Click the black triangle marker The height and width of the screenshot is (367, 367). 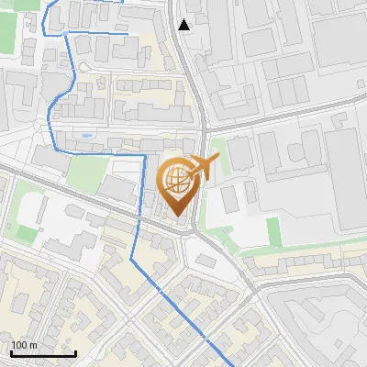(184, 25)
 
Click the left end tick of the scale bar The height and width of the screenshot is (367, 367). (11, 352)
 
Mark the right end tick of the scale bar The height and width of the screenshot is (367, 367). (75, 352)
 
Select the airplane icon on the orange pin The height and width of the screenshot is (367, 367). (206, 167)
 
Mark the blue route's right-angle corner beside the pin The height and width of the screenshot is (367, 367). (144, 157)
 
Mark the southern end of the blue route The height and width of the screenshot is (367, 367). (229, 365)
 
